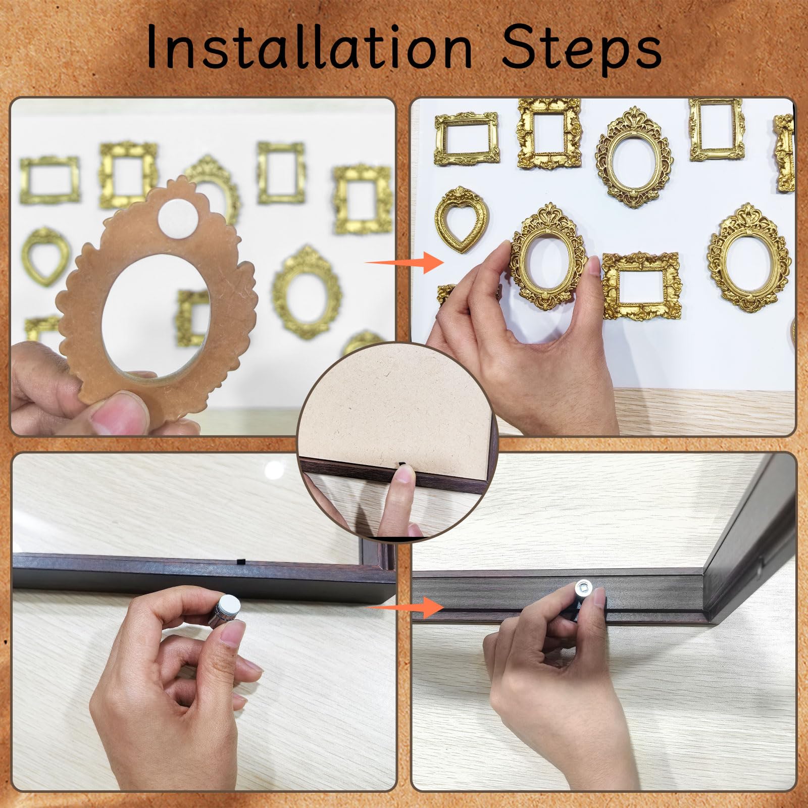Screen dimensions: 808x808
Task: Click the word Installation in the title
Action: pos(310,47)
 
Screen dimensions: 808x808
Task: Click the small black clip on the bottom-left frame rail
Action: pos(240,561)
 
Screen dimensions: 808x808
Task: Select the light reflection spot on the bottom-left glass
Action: pos(274,470)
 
